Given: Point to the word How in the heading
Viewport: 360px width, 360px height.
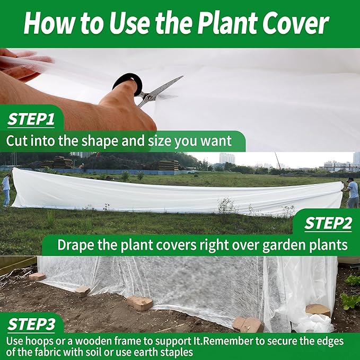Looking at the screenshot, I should point(48,24).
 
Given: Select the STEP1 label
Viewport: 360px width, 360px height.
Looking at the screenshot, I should point(31,120).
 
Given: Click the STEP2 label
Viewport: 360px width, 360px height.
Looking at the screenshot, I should point(328,224).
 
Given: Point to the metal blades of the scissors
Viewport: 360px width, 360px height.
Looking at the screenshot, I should point(162,89).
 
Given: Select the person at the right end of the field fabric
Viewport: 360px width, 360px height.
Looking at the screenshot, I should point(352,192).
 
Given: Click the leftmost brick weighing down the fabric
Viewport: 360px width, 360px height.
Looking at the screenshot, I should point(37,276).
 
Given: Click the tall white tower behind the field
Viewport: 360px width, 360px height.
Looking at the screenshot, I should point(226,158).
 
